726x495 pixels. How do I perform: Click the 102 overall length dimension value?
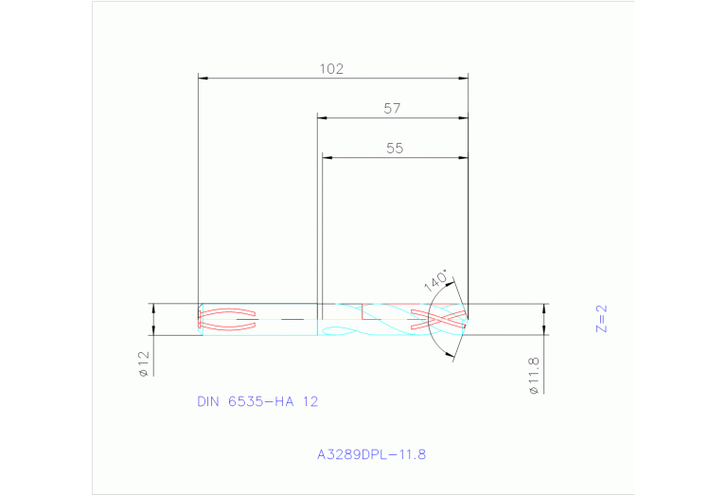[330, 68]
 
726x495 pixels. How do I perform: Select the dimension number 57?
[393, 108]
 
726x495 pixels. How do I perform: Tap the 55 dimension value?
[396, 148]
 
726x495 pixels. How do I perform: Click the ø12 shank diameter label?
[144, 363]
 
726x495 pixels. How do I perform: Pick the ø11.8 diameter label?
[534, 376]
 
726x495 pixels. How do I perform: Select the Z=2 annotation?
[600, 318]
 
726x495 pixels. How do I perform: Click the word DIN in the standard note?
[207, 401]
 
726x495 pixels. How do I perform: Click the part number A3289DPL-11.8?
[372, 454]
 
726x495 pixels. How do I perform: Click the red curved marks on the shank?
[227, 319]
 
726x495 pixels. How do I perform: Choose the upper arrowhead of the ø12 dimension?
[153, 308]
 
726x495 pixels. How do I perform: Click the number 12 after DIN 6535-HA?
[310, 401]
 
